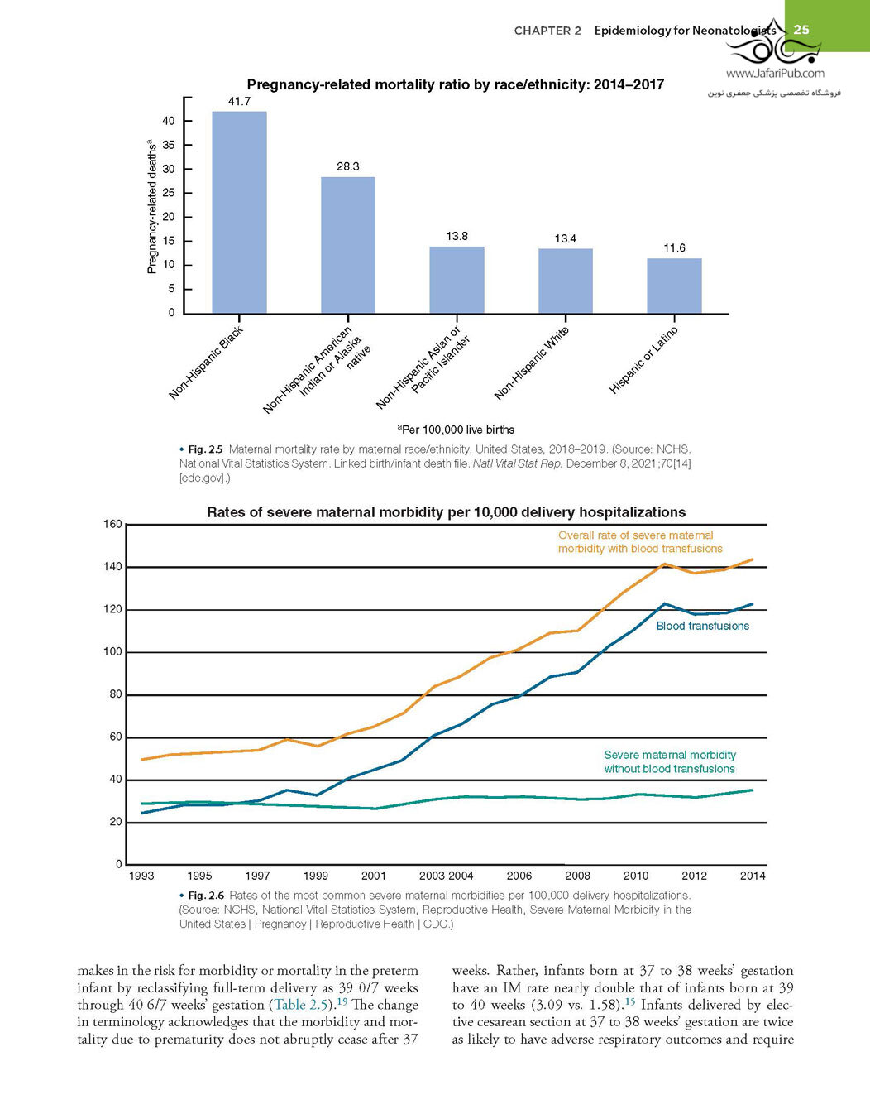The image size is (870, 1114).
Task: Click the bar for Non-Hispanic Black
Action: pos(239,212)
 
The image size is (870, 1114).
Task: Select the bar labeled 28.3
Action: pos(348,245)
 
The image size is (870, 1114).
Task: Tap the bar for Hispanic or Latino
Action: pos(674,286)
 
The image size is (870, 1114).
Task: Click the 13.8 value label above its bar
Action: pos(457,237)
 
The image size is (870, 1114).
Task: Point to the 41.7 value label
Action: pos(239,102)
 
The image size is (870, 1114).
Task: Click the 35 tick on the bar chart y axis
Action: pos(169,145)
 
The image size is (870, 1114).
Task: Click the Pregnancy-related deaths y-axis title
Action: pos(151,206)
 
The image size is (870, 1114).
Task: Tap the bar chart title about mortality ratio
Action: pos(456,84)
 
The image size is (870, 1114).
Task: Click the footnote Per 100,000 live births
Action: pos(457,430)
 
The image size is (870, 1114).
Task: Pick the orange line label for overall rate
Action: pos(640,542)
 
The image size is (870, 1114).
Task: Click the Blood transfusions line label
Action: pos(703,626)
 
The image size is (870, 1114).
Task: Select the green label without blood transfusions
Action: pos(670,761)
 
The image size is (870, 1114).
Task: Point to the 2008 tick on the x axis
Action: pos(577,876)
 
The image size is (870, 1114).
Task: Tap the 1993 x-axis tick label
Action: pos(141,876)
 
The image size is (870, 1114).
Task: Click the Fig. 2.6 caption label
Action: pos(206,896)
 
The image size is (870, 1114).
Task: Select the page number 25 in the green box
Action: pos(801,29)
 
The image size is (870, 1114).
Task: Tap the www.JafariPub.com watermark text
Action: pos(775,74)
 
